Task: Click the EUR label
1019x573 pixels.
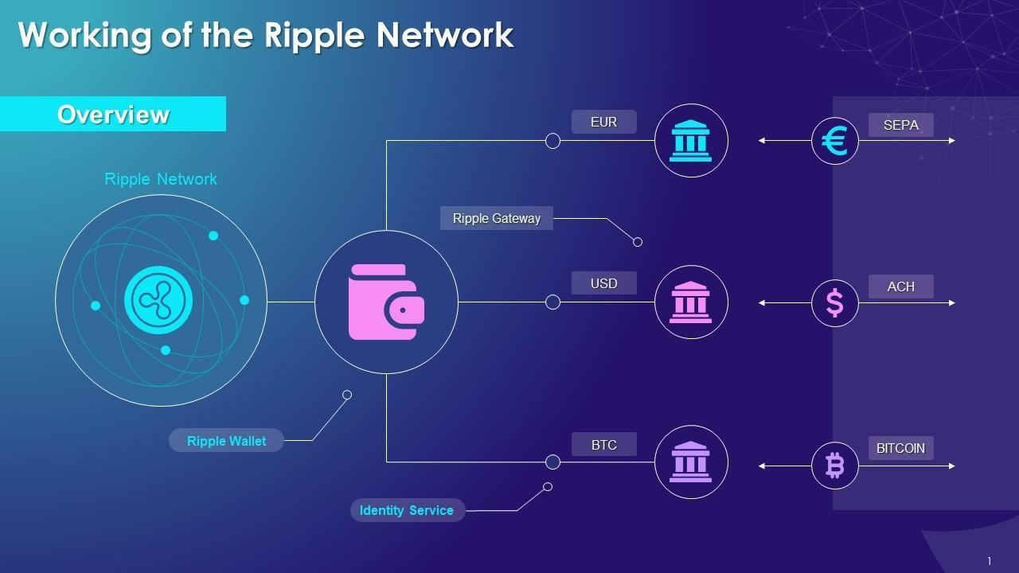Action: pyautogui.click(x=603, y=122)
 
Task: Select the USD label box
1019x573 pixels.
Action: pyautogui.click(x=603, y=283)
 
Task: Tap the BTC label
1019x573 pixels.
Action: pyautogui.click(x=603, y=445)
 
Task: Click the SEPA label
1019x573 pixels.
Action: pyautogui.click(x=900, y=125)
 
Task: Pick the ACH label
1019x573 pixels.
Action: pyautogui.click(x=900, y=286)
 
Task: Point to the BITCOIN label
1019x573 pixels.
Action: pyautogui.click(x=900, y=448)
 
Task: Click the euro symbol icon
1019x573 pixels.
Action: pyautogui.click(x=834, y=142)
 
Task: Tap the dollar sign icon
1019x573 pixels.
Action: pyautogui.click(x=834, y=303)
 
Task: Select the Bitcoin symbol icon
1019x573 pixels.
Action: pyautogui.click(x=834, y=466)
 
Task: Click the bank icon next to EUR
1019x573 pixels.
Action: pyautogui.click(x=690, y=141)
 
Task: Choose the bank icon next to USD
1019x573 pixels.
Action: pyautogui.click(x=690, y=302)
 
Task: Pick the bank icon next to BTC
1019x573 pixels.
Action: pyautogui.click(x=690, y=462)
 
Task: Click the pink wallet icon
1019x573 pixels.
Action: pyautogui.click(x=386, y=302)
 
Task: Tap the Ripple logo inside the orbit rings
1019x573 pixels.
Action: pyautogui.click(x=158, y=300)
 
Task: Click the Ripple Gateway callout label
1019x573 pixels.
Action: pyautogui.click(x=496, y=218)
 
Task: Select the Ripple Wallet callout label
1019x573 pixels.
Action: pyautogui.click(x=226, y=441)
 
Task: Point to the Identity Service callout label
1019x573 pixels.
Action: pyautogui.click(x=407, y=510)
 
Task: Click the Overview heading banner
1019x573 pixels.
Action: pyautogui.click(x=113, y=115)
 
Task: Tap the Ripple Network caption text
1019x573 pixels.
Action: pyautogui.click(x=160, y=179)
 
